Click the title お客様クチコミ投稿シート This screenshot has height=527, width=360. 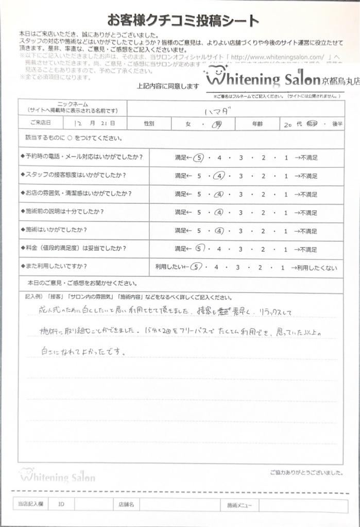tap(182, 21)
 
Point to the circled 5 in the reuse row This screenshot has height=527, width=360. tap(195, 268)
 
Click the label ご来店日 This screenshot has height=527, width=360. tap(40, 124)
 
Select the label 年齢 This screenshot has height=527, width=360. tap(259, 124)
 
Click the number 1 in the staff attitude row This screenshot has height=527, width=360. tap(286, 176)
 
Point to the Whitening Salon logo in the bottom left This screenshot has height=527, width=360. tap(57, 476)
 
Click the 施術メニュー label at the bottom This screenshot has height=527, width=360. tap(239, 506)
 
